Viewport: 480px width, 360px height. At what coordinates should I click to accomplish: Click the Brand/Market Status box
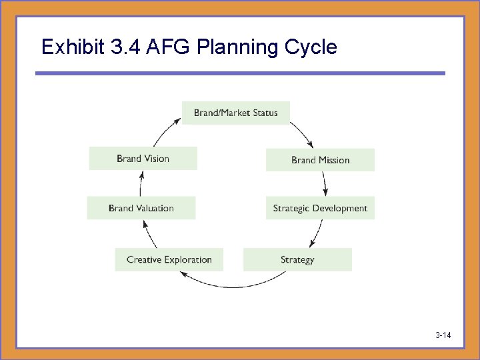[235, 113]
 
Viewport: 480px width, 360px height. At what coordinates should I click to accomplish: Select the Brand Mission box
[320, 160]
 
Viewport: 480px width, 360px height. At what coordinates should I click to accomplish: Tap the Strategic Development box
[320, 208]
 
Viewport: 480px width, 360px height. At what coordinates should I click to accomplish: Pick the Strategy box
[297, 259]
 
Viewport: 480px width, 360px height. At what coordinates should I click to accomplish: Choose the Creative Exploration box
[169, 259]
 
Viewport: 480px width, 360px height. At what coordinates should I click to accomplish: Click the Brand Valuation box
[141, 208]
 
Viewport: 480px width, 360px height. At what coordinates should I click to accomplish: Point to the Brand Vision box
[143, 159]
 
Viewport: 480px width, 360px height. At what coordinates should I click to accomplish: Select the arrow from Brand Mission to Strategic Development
[325, 183]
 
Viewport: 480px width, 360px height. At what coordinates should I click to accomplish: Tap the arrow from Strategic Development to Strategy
[315, 234]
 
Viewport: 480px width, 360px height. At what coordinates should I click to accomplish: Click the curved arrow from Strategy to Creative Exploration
[233, 285]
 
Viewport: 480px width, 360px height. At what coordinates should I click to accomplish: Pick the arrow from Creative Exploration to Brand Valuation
[151, 234]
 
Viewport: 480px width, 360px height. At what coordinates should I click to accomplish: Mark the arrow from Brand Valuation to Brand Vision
[141, 183]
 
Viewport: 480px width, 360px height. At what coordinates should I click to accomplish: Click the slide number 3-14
[443, 335]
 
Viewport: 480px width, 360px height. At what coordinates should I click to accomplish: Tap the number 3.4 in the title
[127, 47]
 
